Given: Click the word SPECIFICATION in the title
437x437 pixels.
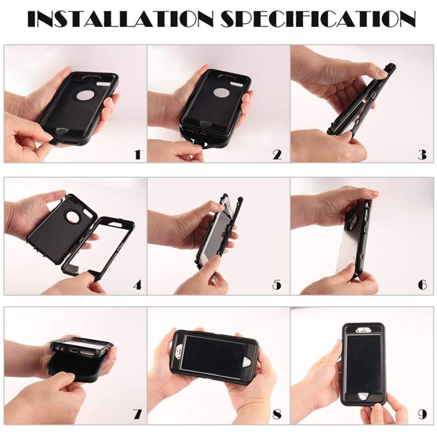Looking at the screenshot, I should click(318, 19).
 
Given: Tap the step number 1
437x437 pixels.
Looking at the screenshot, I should click(138, 154).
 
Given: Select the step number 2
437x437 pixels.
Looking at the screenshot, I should click(277, 154).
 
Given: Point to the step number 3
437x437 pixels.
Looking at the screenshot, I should click(422, 154).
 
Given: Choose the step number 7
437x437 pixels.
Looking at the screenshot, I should click(138, 415).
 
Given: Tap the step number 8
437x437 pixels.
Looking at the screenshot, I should click(277, 415).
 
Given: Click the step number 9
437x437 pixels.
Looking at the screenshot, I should click(422, 415).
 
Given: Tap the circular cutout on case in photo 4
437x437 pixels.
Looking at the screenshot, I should click(72, 216).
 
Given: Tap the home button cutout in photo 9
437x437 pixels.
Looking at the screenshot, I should click(363, 396).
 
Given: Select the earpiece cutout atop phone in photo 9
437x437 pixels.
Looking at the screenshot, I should click(363, 330).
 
